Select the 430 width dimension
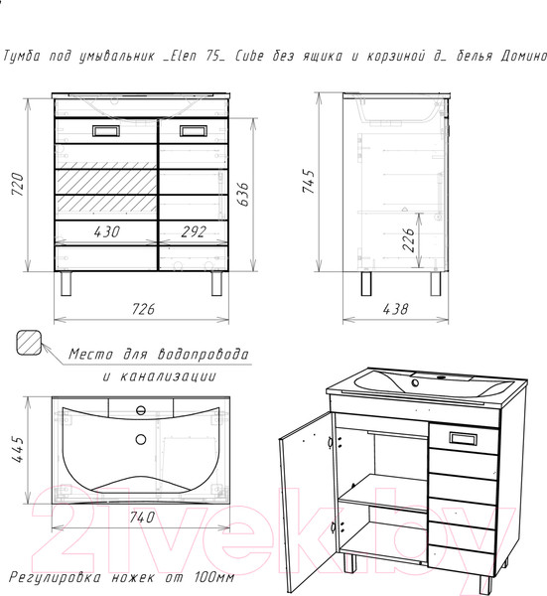click(106, 232)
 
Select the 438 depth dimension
click(394, 309)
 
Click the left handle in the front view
click(104, 130)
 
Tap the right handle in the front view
click(193, 130)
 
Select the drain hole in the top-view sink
click(140, 439)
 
